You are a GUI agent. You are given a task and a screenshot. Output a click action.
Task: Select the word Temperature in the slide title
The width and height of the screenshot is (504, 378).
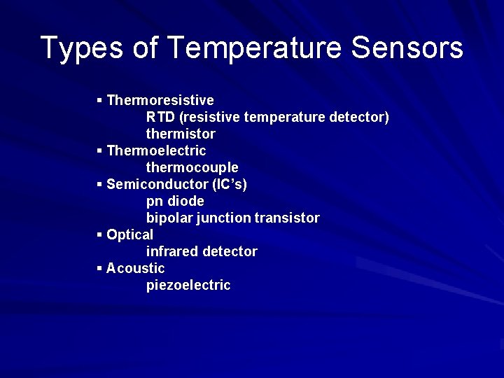tap(254, 48)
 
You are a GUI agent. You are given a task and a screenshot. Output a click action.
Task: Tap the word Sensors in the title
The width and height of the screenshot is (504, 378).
tap(407, 48)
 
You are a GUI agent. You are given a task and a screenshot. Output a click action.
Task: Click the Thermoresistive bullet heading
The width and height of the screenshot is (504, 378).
tap(160, 100)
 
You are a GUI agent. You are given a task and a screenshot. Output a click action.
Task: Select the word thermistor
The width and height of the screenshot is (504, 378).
tap(181, 134)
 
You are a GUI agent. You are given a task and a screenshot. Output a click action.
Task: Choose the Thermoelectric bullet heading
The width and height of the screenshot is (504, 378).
tap(156, 150)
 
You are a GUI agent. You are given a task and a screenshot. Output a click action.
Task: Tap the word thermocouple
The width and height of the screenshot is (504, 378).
tap(192, 168)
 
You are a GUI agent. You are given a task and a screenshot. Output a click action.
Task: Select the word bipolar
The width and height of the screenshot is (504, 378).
tap(169, 218)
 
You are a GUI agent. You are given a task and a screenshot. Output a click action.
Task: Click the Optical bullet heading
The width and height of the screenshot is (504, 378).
tap(129, 234)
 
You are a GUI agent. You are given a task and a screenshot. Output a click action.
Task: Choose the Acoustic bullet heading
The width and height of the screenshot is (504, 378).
tap(135, 268)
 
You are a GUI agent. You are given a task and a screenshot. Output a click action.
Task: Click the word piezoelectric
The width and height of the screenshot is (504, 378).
tap(188, 286)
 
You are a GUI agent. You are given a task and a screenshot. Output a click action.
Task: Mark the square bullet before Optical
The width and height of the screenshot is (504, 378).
tap(100, 234)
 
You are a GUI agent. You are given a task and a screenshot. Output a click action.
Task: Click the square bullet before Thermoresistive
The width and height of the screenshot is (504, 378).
tap(100, 100)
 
